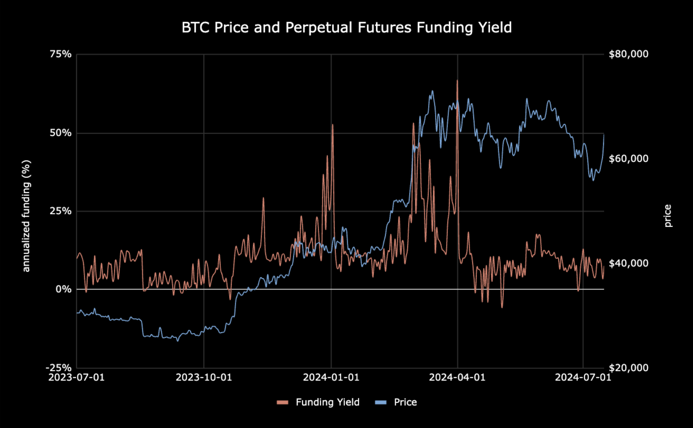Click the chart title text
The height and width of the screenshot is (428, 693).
(x=346, y=27)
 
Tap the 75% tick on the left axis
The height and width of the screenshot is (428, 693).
(x=60, y=54)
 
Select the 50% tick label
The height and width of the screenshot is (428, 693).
(x=60, y=133)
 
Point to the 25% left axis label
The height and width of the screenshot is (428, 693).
(x=60, y=211)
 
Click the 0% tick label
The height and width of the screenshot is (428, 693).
(x=64, y=289)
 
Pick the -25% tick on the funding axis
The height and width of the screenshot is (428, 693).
(x=59, y=368)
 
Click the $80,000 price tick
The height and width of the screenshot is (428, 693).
(x=629, y=54)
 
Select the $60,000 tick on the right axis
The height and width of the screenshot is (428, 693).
(x=629, y=158)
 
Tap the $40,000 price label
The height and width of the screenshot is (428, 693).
(x=629, y=263)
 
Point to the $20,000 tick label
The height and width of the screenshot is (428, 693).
(x=629, y=368)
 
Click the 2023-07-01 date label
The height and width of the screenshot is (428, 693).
(x=76, y=377)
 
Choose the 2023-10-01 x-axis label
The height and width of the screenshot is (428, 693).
(x=204, y=377)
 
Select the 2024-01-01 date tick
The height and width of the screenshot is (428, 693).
(x=331, y=377)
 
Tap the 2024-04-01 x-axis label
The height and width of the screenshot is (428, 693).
(x=457, y=377)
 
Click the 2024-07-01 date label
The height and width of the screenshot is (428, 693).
(x=583, y=377)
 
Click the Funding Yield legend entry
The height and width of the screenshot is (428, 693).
(x=318, y=402)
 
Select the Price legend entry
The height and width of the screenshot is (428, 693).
(x=396, y=402)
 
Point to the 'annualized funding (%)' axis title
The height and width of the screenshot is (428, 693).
(x=27, y=216)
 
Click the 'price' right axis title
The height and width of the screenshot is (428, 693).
(x=667, y=216)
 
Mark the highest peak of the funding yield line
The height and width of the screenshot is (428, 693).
(x=457, y=80)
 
